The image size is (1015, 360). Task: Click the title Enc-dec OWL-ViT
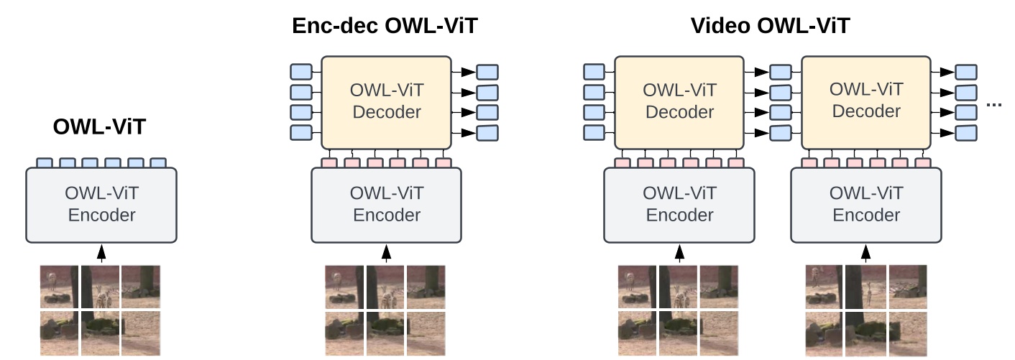pyautogui.click(x=385, y=27)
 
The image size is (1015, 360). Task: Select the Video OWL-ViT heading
pyautogui.click(x=770, y=27)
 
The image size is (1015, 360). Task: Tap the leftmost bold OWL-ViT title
pyautogui.click(x=101, y=128)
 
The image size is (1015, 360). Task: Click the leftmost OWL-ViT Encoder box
pyautogui.click(x=101, y=205)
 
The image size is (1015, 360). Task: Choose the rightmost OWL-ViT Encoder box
pyautogui.click(x=865, y=205)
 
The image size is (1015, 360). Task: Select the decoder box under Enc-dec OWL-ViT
pyautogui.click(x=386, y=102)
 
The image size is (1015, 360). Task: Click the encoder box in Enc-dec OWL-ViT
pyautogui.click(x=386, y=205)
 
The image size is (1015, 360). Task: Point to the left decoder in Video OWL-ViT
pyautogui.click(x=679, y=102)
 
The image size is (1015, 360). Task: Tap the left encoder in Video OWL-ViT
pyautogui.click(x=679, y=205)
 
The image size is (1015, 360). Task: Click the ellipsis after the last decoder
pyautogui.click(x=995, y=106)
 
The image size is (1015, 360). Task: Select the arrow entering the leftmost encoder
pyautogui.click(x=101, y=253)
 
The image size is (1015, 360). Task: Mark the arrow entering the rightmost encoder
pyautogui.click(x=865, y=253)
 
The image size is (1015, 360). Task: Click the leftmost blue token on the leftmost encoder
pyautogui.click(x=45, y=163)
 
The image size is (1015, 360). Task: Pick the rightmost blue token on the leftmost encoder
pyautogui.click(x=158, y=163)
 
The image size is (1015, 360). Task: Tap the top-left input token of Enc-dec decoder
pyautogui.click(x=301, y=72)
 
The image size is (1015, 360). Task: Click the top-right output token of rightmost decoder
pyautogui.click(x=966, y=72)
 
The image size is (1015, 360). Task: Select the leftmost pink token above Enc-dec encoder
pyautogui.click(x=329, y=163)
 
